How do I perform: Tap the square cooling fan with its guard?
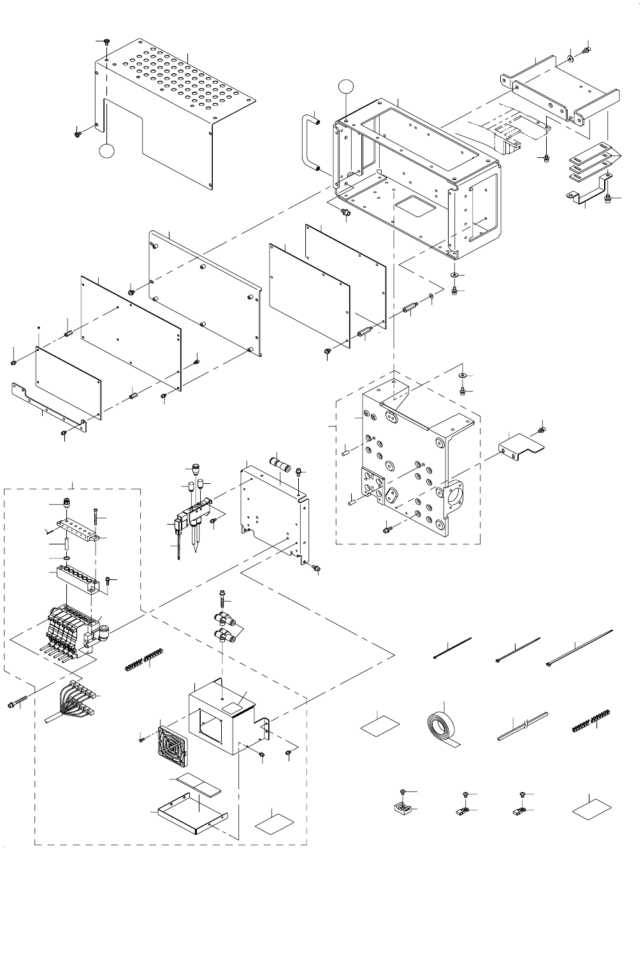(172, 745)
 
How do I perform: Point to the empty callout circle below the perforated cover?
(107, 151)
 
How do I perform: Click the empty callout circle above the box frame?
(345, 85)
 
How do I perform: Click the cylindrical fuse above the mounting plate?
(280, 464)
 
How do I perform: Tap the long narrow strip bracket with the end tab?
(48, 406)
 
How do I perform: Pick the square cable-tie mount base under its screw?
(403, 809)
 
